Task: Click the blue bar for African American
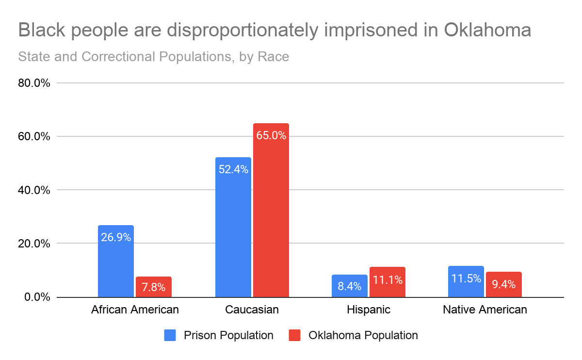point(115,262)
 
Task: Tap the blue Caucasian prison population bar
point(233,228)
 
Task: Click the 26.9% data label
point(115,238)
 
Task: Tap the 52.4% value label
point(233,169)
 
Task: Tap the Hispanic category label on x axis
point(368,310)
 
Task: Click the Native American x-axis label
point(485,310)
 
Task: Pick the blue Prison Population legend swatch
point(170,335)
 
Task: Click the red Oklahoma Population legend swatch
point(295,335)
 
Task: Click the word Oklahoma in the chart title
point(487,31)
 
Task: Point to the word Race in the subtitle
point(273,57)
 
